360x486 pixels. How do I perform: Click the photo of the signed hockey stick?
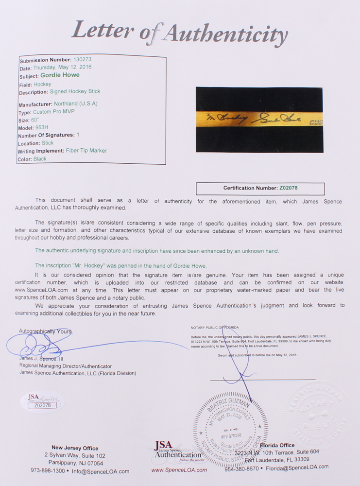coord(259,120)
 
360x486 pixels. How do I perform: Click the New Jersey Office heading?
coord(75,448)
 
